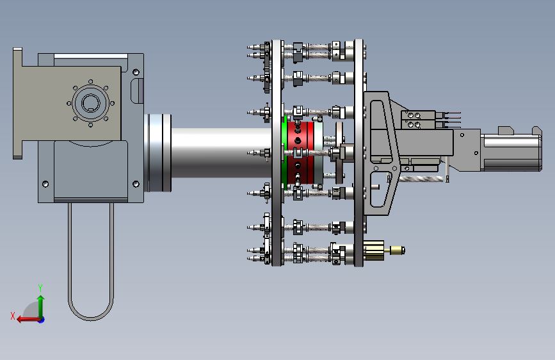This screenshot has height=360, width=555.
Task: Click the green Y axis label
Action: click(x=40, y=288)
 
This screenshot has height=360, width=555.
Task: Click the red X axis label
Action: click(x=13, y=316)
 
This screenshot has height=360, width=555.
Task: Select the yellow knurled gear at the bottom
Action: click(x=374, y=250)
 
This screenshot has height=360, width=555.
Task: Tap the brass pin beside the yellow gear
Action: click(x=397, y=250)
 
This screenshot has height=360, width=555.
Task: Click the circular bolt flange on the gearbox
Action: click(x=91, y=103)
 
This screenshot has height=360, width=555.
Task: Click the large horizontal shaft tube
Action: click(x=221, y=152)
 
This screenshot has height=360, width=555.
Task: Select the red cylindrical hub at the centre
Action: click(x=300, y=152)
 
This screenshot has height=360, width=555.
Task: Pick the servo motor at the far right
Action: click(x=512, y=149)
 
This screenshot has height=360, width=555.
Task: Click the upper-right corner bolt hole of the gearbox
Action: click(x=136, y=72)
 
